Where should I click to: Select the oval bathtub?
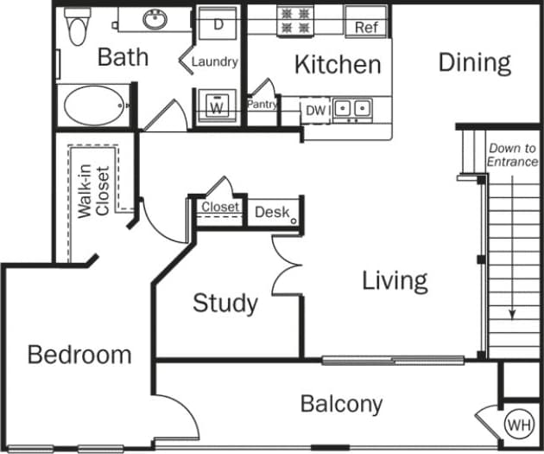[x=93, y=105]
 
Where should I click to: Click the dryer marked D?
[x=218, y=24]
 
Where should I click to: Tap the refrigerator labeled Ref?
[x=366, y=28]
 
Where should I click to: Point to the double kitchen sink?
[x=352, y=109]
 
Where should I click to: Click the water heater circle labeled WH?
[x=518, y=425]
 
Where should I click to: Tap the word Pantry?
[x=263, y=104]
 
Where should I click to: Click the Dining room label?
[x=474, y=62]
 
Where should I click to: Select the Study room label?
[x=225, y=303]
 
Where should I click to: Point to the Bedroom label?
[x=79, y=355]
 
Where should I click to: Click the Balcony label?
[x=341, y=404]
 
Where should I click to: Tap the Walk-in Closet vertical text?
[x=94, y=190]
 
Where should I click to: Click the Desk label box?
[x=272, y=212]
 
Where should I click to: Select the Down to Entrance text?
[x=512, y=156]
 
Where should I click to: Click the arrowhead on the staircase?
[x=512, y=315]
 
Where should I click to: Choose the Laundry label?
[x=214, y=62]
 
